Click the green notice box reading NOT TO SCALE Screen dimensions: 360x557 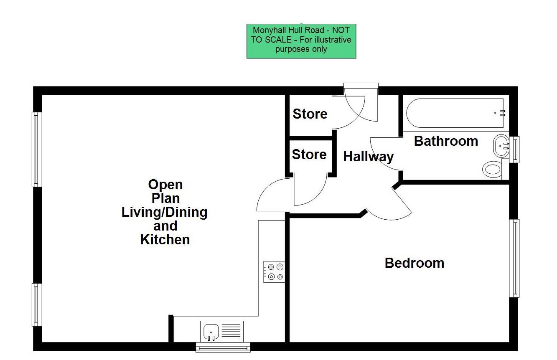(x=301, y=41)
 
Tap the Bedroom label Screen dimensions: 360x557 (x=414, y=263)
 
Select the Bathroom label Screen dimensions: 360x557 (x=446, y=141)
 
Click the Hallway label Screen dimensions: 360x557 (x=368, y=157)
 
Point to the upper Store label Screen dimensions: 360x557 (x=310, y=114)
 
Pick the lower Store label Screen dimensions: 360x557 (x=309, y=155)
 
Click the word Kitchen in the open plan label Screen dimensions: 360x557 (x=165, y=240)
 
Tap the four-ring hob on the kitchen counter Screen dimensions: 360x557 (x=274, y=271)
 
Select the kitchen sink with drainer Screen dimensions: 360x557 (x=222, y=331)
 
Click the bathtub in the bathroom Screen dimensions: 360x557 (x=454, y=113)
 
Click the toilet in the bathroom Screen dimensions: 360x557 (x=492, y=170)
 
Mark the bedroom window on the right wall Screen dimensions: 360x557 (x=514, y=258)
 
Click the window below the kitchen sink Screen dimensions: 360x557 (x=223, y=347)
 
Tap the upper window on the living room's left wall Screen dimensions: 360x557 (x=37, y=149)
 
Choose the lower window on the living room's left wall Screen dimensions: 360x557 (x=37, y=304)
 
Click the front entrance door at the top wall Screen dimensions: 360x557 (x=361, y=86)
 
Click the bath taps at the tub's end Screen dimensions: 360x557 (x=501, y=113)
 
